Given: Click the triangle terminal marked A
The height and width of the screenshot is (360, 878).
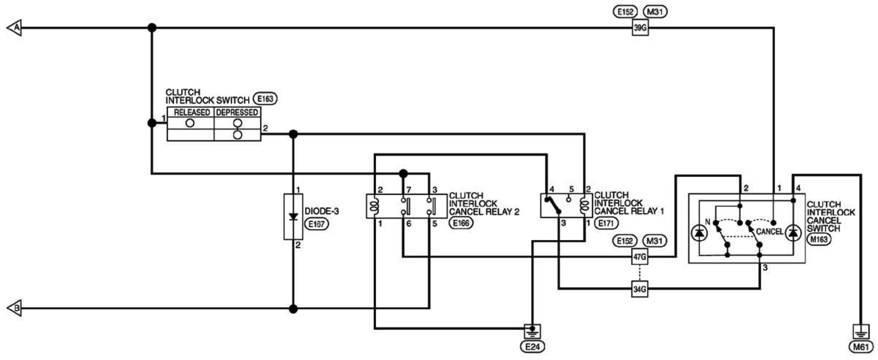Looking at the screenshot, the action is tap(14, 28).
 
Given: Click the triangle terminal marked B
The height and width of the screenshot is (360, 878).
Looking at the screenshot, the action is tap(14, 308).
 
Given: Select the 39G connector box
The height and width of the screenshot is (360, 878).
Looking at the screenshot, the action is tap(640, 28).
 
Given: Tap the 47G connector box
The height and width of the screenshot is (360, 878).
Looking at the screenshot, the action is tap(640, 257).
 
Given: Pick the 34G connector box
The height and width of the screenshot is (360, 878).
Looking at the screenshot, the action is tap(640, 289).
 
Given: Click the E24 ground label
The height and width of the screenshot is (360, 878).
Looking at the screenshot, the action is tap(532, 347).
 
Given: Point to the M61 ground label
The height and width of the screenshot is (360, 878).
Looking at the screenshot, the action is tap(861, 347).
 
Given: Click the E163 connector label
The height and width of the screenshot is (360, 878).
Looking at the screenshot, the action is tap(265, 99).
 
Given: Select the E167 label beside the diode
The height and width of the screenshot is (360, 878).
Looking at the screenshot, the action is tap(317, 224).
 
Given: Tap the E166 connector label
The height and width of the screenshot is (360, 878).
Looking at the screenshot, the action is tap(461, 223).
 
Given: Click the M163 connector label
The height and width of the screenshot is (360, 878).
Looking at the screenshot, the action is tap(819, 239).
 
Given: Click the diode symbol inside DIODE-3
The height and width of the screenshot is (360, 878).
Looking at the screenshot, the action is tap(293, 217).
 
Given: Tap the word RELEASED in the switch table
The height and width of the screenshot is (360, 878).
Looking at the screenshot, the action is tap(191, 112).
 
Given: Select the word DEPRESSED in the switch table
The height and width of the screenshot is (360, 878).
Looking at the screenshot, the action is tap(237, 112).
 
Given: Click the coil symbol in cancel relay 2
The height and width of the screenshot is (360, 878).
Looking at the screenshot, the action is tap(374, 206).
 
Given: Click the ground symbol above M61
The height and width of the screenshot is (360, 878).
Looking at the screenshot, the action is tap(861, 331).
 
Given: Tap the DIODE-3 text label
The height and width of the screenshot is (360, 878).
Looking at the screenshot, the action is tap(322, 211).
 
